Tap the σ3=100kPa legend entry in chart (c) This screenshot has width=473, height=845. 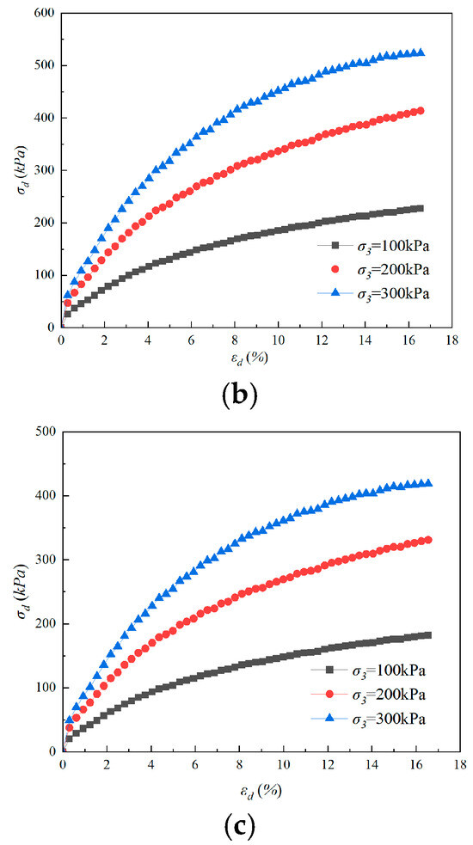[x=368, y=670]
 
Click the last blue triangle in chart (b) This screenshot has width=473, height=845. [x=421, y=52]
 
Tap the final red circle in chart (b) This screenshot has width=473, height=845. [x=421, y=111]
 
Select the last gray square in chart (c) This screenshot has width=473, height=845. [x=428, y=635]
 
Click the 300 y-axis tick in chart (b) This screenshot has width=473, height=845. [x=46, y=170]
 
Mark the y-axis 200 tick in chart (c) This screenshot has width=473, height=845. [x=47, y=624]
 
